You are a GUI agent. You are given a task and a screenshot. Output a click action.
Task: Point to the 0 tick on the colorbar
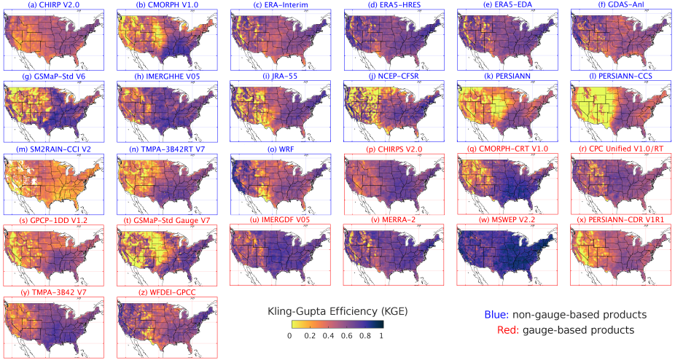click(x=289, y=336)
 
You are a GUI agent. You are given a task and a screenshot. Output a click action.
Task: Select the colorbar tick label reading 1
click(x=381, y=336)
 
